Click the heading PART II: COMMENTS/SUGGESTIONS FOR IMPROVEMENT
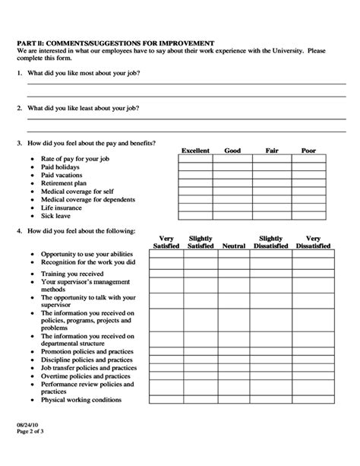click(x=116, y=43)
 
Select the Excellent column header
click(x=194, y=151)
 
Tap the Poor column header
click(x=308, y=151)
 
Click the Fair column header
click(x=271, y=151)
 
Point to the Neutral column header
click(x=234, y=246)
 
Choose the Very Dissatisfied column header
click(x=313, y=243)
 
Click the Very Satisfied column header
click(x=166, y=243)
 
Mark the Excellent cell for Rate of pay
click(x=195, y=160)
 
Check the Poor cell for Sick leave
click(x=309, y=215)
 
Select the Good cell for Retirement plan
click(x=233, y=183)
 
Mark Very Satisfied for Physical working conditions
click(x=166, y=398)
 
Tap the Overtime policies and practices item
click(x=86, y=376)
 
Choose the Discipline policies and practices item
click(x=87, y=360)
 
